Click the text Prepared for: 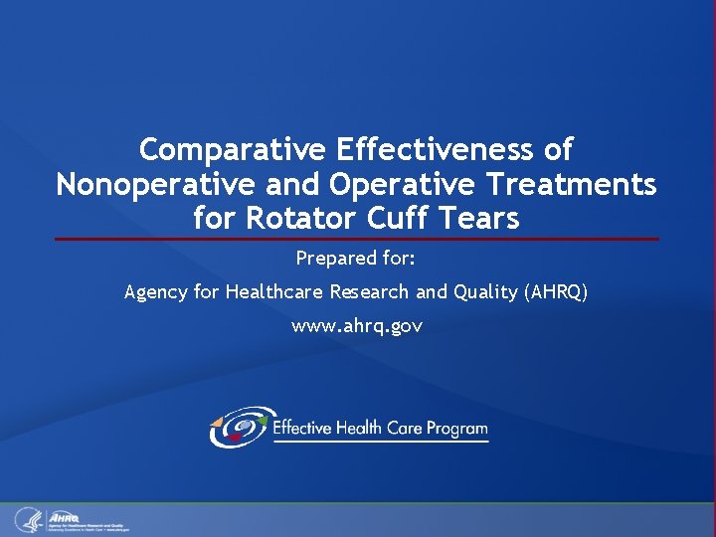coord(356,259)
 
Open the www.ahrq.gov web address coord(356,325)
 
